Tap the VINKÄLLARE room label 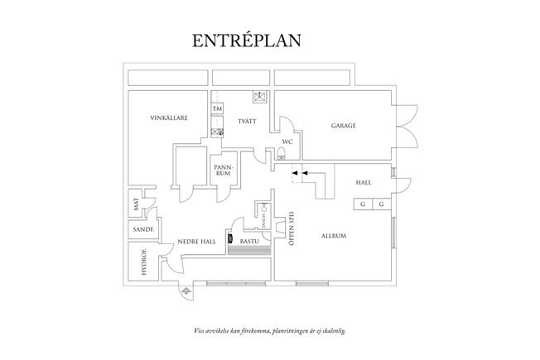coord(168,118)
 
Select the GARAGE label coord(344,126)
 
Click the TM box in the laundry coord(218,109)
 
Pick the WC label coord(287,142)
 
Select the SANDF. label coord(139,228)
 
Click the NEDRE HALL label coord(196,242)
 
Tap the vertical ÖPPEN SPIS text coord(292,231)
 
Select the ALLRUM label coord(333,237)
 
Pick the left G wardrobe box coord(363,204)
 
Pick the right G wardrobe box coord(381,204)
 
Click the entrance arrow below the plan coord(186,291)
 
